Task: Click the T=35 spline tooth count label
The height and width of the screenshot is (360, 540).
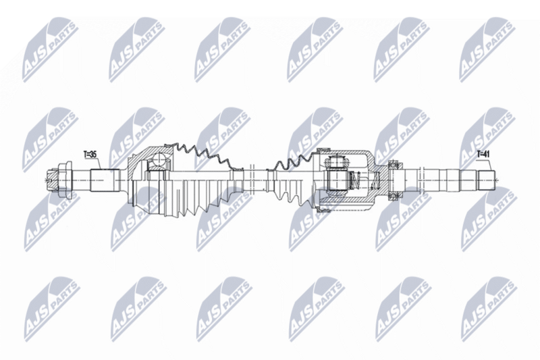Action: click(x=90, y=155)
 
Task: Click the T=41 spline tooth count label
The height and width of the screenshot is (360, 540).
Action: click(x=483, y=154)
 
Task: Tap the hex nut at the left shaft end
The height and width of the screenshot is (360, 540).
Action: click(x=63, y=180)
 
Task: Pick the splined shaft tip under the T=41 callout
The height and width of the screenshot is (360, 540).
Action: click(x=487, y=180)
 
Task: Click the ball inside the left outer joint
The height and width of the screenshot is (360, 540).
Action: click(x=159, y=159)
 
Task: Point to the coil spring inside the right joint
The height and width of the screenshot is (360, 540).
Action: click(x=355, y=180)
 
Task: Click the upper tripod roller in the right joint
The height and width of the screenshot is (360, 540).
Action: click(x=336, y=161)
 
